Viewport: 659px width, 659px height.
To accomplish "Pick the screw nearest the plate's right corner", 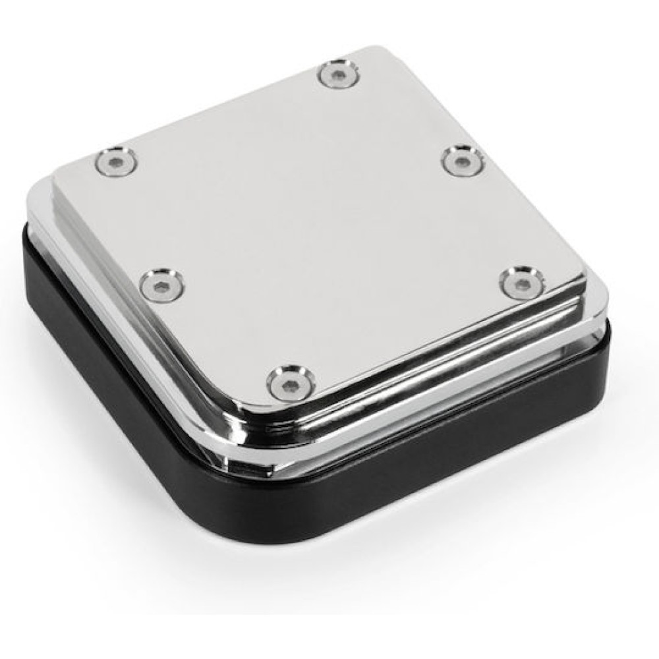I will click(521, 282).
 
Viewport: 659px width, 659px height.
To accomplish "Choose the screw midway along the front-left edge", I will click(162, 285).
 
